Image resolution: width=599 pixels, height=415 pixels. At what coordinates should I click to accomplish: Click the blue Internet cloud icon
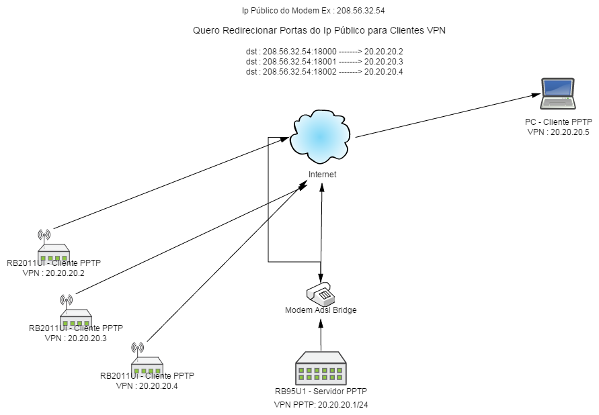coord(321,136)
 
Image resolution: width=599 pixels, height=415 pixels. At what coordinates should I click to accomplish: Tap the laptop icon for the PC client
coord(558,94)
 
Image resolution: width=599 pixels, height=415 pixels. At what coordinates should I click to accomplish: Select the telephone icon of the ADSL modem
coord(321,293)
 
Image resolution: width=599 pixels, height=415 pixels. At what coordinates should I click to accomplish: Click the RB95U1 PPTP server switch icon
coord(321,368)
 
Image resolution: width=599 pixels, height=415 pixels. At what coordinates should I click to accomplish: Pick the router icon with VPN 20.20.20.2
coord(54,246)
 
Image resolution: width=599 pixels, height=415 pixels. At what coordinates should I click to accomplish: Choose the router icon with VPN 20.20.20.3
coord(76,312)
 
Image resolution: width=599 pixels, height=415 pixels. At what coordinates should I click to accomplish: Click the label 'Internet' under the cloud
coord(323,175)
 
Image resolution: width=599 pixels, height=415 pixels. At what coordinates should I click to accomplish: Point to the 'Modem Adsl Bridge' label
coord(321,310)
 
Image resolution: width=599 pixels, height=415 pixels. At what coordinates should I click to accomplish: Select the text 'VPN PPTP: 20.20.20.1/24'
coord(321,405)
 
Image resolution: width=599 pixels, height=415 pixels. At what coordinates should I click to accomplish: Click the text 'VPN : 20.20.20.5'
coord(559,132)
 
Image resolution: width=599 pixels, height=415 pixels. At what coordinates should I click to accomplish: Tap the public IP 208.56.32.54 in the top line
coord(360,11)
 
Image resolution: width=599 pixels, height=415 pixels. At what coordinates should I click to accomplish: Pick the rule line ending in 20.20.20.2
coord(324,52)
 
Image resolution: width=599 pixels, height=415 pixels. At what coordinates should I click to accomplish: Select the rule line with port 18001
coord(324,62)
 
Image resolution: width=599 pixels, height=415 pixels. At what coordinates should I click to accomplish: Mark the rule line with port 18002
coord(324,72)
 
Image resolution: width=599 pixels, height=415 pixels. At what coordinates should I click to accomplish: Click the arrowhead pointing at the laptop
coord(536,95)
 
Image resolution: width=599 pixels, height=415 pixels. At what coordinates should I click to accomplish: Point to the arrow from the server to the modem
coord(321,335)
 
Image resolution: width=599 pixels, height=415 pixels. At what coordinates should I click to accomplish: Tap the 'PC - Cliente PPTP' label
coord(559,122)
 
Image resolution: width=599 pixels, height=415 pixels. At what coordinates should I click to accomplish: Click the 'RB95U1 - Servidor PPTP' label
coord(321,391)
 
